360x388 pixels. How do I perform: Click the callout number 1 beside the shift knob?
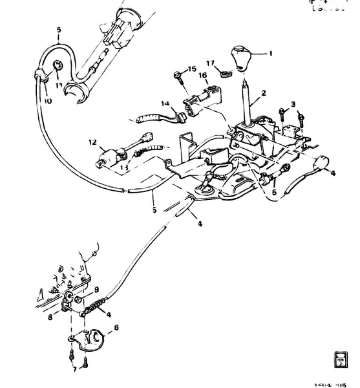271,54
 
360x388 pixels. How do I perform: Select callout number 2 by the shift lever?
292,104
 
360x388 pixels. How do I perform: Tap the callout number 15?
191,69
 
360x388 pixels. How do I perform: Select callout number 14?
165,103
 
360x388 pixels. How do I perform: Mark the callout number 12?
92,142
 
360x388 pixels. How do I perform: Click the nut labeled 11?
58,65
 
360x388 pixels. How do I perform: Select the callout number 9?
97,289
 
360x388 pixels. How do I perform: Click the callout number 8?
49,318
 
